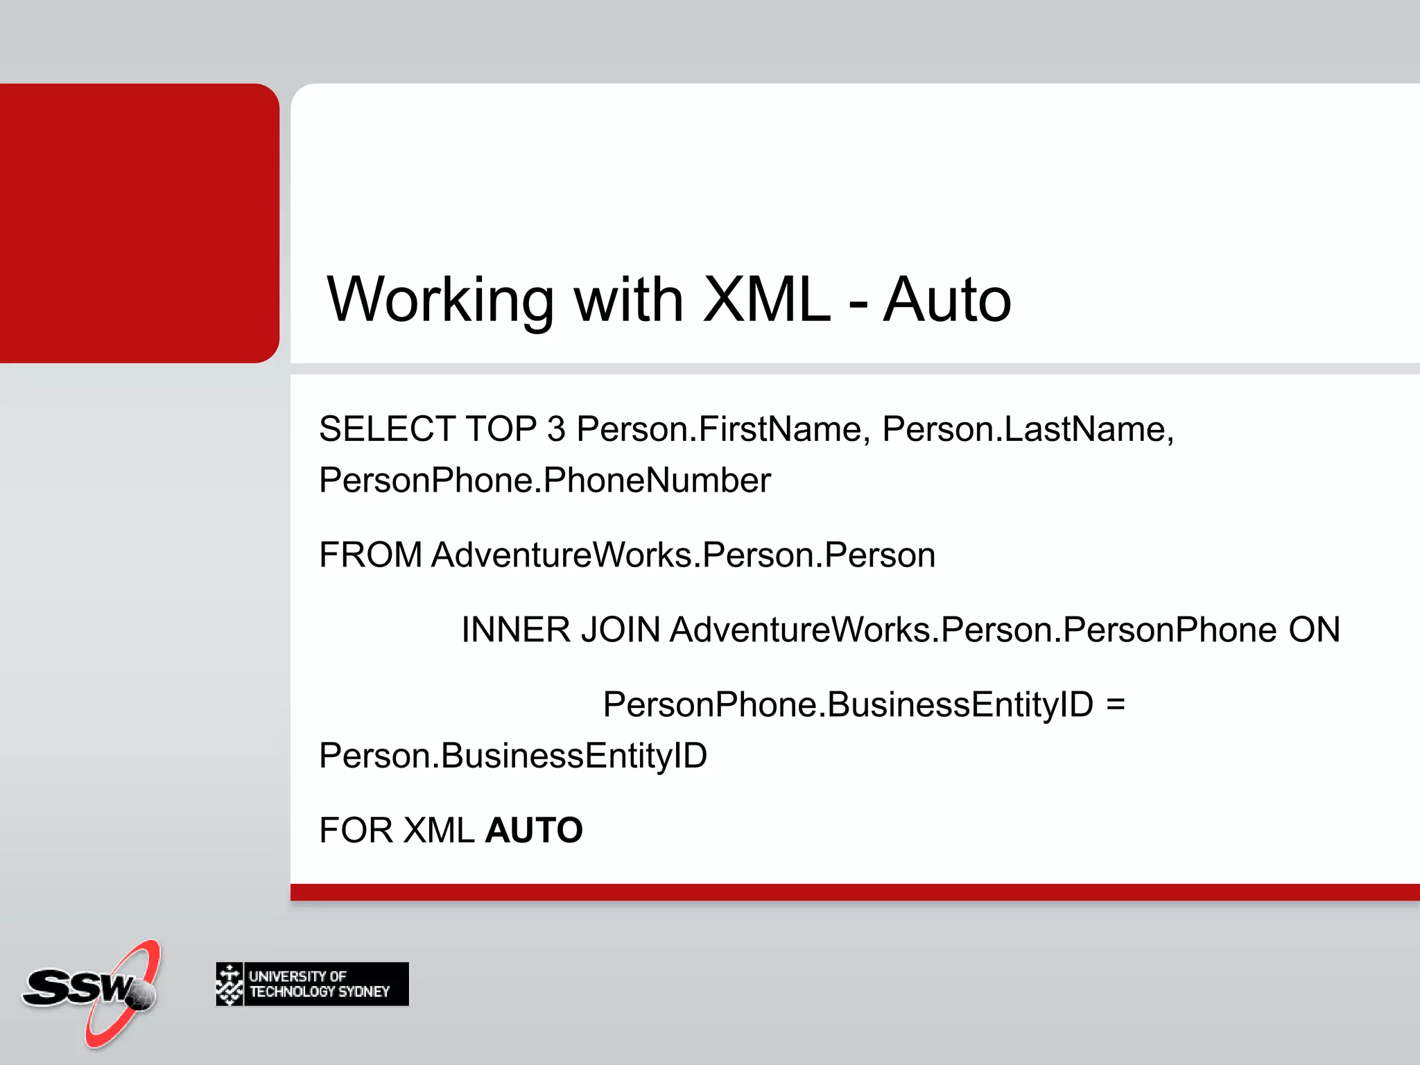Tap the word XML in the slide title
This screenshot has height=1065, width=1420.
click(x=766, y=300)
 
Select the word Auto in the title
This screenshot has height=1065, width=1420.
click(x=946, y=300)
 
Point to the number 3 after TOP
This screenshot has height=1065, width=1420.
click(x=556, y=429)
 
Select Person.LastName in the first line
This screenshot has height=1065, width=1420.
click(x=1027, y=429)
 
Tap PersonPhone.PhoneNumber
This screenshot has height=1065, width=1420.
click(x=544, y=480)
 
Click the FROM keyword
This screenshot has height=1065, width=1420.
click(x=370, y=555)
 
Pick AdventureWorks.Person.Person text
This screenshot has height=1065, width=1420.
click(x=683, y=555)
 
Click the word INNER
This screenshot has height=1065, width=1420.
click(x=516, y=630)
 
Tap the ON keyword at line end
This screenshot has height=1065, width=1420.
click(x=1314, y=630)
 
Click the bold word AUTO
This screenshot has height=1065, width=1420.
click(x=534, y=831)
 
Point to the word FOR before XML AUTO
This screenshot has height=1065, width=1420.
click(x=356, y=831)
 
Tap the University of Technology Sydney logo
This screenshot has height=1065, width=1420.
click(x=312, y=984)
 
